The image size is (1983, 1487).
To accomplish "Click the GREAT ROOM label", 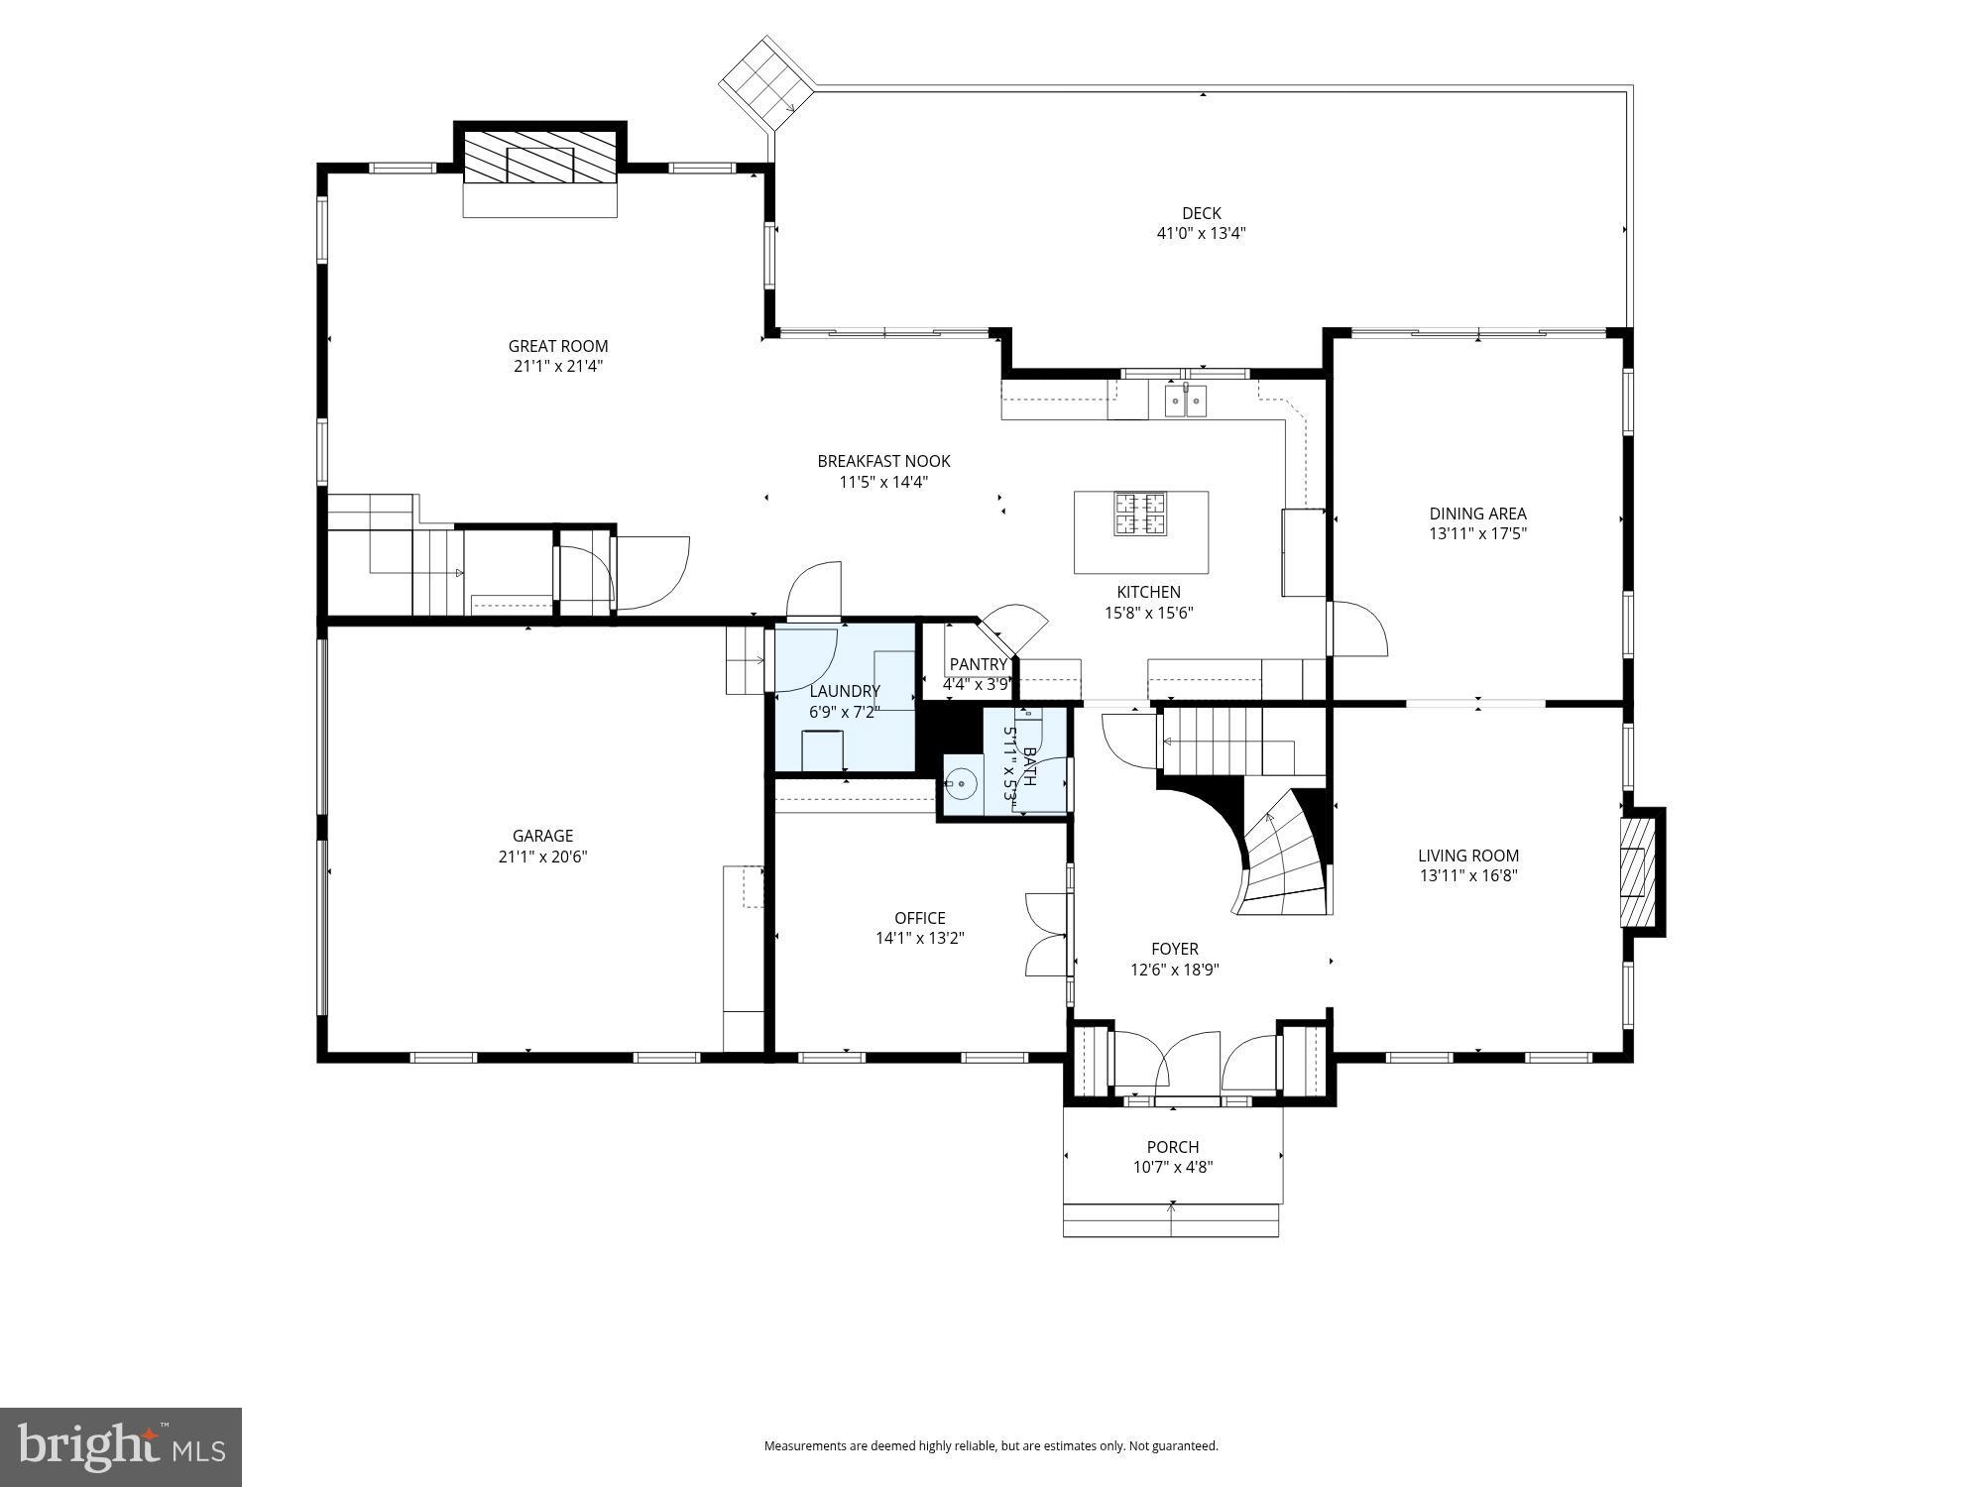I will tap(557, 346).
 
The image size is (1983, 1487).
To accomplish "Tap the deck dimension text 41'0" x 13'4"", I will tap(1201, 234).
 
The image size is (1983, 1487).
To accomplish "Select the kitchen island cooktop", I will tap(1140, 514).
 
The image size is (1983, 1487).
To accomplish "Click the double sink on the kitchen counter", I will tap(1186, 401).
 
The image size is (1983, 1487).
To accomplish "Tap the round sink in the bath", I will tap(960, 784).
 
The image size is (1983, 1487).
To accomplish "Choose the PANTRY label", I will tap(978, 664).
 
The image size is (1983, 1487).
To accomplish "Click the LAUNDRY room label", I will tap(845, 691).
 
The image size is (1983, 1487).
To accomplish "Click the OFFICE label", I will tap(919, 918).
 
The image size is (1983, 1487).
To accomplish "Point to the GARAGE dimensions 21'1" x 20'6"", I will tap(542, 857).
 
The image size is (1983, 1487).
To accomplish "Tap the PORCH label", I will tap(1173, 1147).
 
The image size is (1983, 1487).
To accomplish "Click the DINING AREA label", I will tap(1477, 514).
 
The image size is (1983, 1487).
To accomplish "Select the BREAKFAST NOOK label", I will tap(883, 461).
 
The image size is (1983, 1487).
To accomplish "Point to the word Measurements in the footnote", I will tap(799, 1446).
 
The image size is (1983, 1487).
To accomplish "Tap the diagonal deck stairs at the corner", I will tap(765, 83).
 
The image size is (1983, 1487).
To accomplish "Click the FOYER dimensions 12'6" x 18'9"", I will tap(1174, 971).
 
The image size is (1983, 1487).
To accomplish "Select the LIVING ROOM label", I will tap(1467, 856).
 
